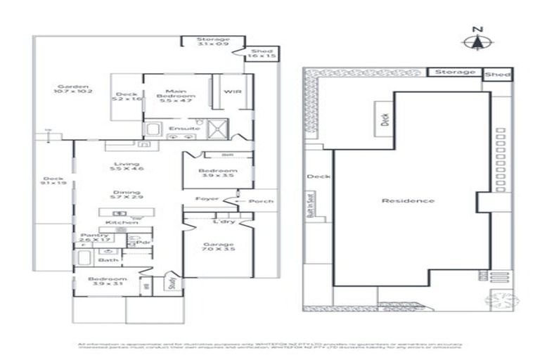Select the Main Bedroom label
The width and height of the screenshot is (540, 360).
176,96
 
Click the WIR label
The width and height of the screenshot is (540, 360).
233,92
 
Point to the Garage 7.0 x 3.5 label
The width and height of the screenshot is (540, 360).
219,247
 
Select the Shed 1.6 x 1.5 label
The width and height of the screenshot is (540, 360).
262,53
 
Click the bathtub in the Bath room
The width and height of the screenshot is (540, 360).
84,259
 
